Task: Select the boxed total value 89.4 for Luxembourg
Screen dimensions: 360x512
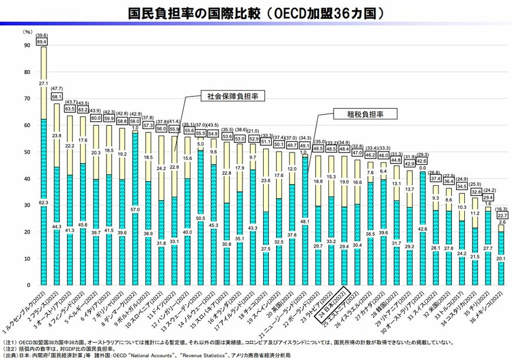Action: click(x=42, y=42)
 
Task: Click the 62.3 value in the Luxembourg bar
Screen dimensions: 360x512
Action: click(x=43, y=203)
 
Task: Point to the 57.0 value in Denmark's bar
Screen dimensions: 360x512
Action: click(x=135, y=209)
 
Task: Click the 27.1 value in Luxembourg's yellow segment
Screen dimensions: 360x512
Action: click(x=43, y=84)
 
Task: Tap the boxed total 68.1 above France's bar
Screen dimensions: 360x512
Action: click(x=57, y=96)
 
